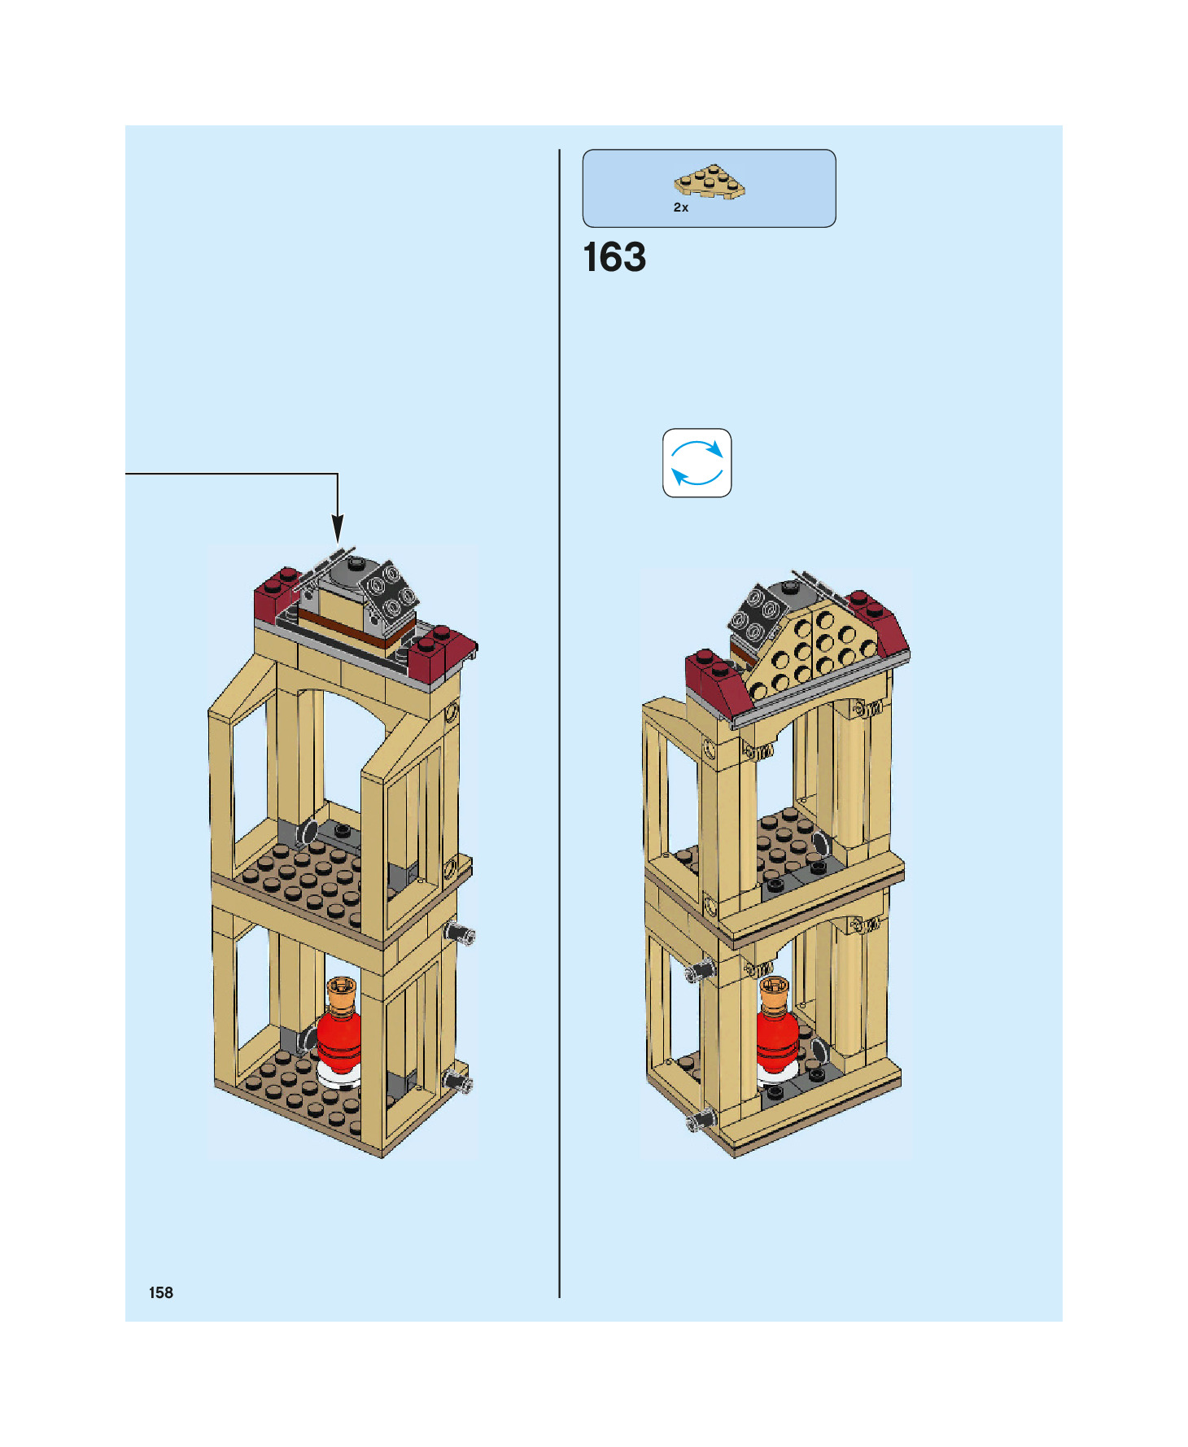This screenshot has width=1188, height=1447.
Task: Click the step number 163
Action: pyautogui.click(x=614, y=257)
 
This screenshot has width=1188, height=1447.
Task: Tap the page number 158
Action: pyautogui.click(x=160, y=1292)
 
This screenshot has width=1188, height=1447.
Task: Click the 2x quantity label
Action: pyautogui.click(x=680, y=208)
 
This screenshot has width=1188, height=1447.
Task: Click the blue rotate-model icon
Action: pyautogui.click(x=697, y=462)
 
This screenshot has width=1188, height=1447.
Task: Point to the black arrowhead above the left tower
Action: pyautogui.click(x=337, y=529)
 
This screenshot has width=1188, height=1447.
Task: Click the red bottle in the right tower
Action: pyautogui.click(x=775, y=1038)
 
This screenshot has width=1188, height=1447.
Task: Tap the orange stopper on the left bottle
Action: pyautogui.click(x=342, y=993)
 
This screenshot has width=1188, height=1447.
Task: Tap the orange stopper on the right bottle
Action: pyautogui.click(x=774, y=992)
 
